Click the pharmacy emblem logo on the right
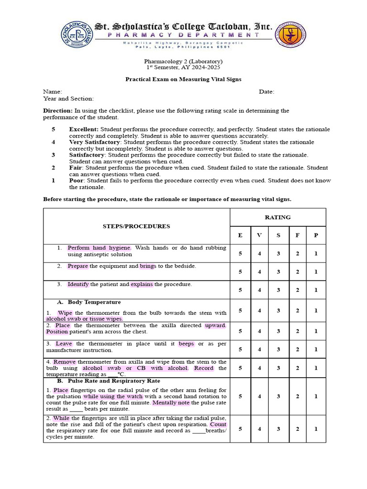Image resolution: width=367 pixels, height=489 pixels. [291, 35]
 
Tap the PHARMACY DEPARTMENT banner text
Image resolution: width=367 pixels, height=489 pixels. [183, 35]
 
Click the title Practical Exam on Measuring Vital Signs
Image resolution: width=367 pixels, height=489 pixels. [183, 79]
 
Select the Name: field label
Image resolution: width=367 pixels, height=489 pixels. [53, 92]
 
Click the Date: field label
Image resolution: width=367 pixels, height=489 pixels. [267, 92]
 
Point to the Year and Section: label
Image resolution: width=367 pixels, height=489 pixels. [68, 99]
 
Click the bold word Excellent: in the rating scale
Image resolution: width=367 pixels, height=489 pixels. [84, 129]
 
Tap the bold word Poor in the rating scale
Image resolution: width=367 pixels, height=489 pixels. [77, 181]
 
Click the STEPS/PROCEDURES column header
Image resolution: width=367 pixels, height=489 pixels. [136, 226]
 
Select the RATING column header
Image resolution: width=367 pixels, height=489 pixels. [278, 217]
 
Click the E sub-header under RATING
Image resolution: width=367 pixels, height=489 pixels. [240, 235]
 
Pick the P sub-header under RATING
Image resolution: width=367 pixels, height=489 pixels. [316, 235]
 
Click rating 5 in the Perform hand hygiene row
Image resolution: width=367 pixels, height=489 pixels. [240, 254]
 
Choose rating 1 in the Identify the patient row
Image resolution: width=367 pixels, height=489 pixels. [316, 290]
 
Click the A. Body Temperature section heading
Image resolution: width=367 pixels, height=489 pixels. [89, 302]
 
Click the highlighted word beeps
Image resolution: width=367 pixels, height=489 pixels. [186, 344]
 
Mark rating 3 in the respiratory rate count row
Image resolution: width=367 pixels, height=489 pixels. [278, 429]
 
